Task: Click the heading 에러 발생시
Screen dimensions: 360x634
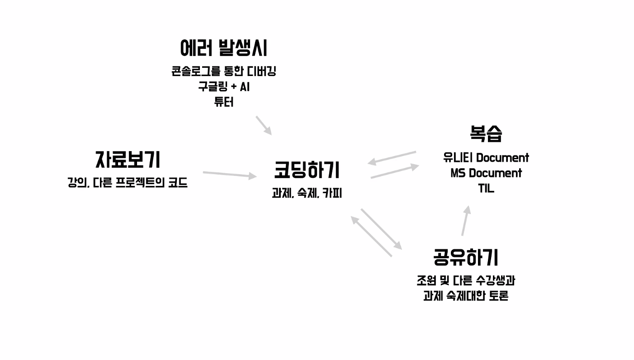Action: click(x=224, y=48)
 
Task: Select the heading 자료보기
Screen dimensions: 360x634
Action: click(x=128, y=160)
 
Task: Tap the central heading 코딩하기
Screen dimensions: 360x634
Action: click(x=307, y=171)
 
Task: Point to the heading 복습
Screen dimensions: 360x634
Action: click(x=486, y=133)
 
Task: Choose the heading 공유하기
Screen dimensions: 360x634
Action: click(x=465, y=257)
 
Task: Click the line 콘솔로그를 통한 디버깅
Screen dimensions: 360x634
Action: click(x=224, y=71)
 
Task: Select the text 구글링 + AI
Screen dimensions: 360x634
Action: click(x=224, y=87)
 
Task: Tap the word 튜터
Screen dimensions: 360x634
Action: click(x=224, y=102)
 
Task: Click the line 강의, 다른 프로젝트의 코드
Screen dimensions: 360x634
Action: click(x=128, y=183)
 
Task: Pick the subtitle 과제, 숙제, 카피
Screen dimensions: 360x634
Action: click(x=307, y=194)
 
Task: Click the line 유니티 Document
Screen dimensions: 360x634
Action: click(x=486, y=158)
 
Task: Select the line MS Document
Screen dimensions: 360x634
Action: click(x=486, y=173)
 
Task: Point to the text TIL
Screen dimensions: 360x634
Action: click(x=486, y=189)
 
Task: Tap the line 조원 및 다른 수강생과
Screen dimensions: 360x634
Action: click(x=465, y=280)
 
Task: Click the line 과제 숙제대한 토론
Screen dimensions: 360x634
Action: click(x=465, y=296)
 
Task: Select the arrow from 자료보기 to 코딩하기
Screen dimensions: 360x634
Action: click(x=230, y=175)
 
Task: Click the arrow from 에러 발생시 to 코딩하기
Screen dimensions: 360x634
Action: click(x=264, y=125)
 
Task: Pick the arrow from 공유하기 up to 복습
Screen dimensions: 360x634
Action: click(x=466, y=221)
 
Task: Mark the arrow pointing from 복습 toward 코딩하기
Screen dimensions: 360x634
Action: click(x=392, y=157)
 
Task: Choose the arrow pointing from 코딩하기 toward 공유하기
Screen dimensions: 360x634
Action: click(x=381, y=229)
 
